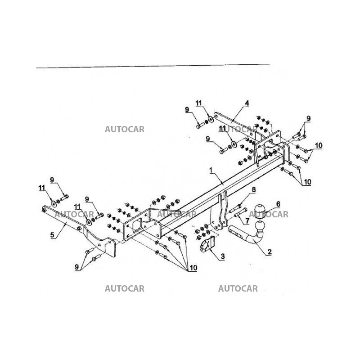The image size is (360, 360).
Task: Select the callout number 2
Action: [270, 252]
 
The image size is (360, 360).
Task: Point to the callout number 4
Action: [247, 103]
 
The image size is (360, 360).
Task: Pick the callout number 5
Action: [52, 234]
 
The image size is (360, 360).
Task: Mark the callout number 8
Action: [253, 189]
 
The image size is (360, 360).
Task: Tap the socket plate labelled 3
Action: [206, 247]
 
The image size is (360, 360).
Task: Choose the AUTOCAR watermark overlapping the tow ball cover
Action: [273, 215]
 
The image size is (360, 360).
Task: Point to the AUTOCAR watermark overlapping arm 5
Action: [74, 215]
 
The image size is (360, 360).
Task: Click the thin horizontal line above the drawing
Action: [153, 66]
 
